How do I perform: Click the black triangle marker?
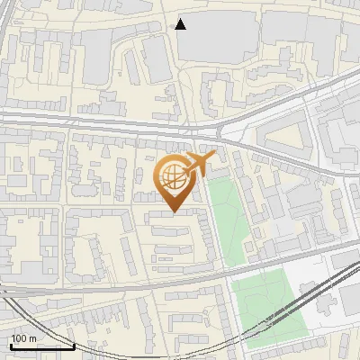tap(181, 24)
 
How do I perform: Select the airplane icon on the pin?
tap(199, 164)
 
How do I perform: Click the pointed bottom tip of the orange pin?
tap(174, 212)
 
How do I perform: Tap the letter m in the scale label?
tap(32, 338)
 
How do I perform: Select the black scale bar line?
tap(41, 346)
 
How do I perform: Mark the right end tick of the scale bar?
tap(74, 344)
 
